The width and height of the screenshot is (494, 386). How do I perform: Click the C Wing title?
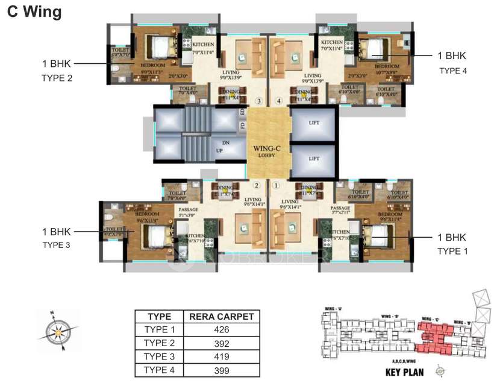pyautogui.click(x=34, y=13)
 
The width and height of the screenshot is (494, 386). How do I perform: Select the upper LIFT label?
pyautogui.click(x=313, y=122)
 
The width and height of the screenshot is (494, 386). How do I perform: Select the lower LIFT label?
pyautogui.click(x=313, y=159)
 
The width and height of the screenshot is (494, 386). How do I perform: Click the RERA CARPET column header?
pyautogui.click(x=221, y=316)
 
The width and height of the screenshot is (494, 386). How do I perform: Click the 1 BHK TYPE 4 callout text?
pyautogui.click(x=452, y=63)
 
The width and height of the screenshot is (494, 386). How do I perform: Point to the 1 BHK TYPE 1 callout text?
pyautogui.click(x=452, y=243)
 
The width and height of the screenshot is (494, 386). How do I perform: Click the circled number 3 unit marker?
pyautogui.click(x=259, y=101)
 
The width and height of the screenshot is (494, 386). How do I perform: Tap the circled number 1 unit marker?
pyautogui.click(x=277, y=186)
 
